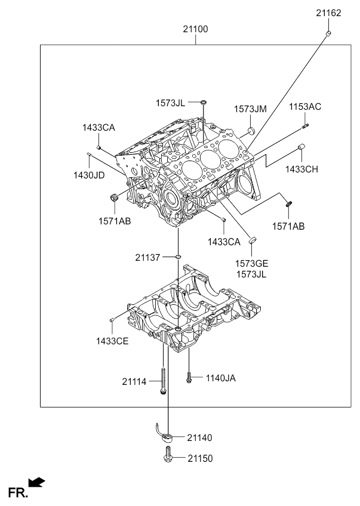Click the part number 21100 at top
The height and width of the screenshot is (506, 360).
[196, 29]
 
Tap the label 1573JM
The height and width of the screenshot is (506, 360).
[250, 109]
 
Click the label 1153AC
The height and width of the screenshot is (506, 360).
[305, 107]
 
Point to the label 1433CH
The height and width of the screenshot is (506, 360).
[301, 169]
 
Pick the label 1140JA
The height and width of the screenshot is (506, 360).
[221, 378]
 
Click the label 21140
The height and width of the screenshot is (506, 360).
[199, 438]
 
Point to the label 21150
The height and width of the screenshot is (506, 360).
[199, 459]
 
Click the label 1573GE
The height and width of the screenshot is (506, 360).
[251, 263]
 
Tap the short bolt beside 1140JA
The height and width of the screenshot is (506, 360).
[189, 378]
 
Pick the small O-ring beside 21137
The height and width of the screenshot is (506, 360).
[177, 257]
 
